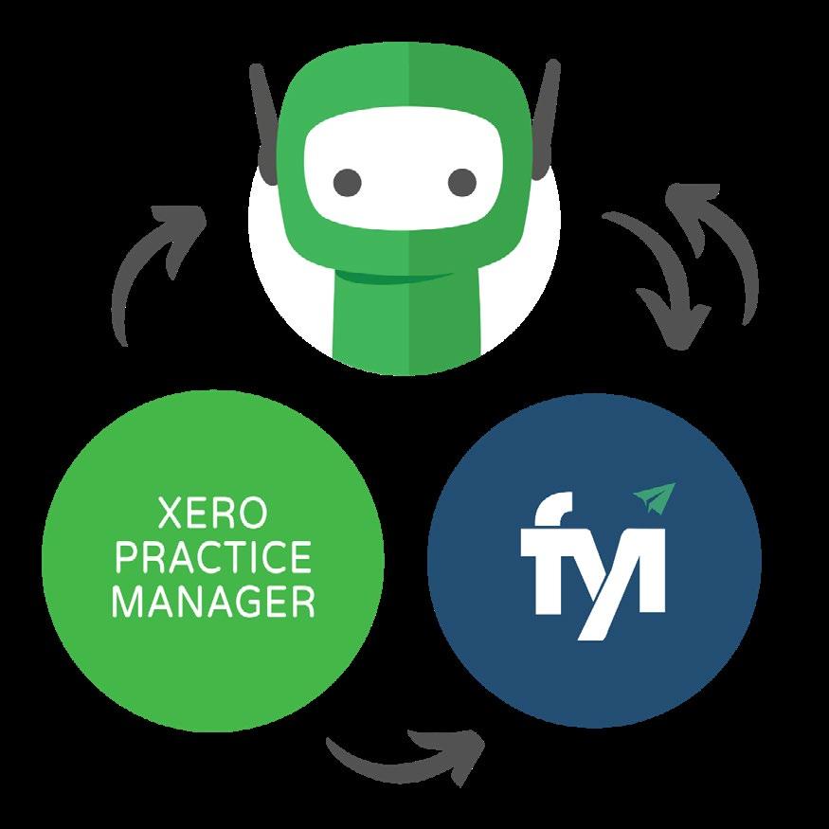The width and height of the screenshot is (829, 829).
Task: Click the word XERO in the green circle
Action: [x=212, y=519]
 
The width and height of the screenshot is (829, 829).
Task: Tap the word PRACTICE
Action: [x=212, y=559]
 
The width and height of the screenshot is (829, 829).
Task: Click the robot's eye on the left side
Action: [x=348, y=178]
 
